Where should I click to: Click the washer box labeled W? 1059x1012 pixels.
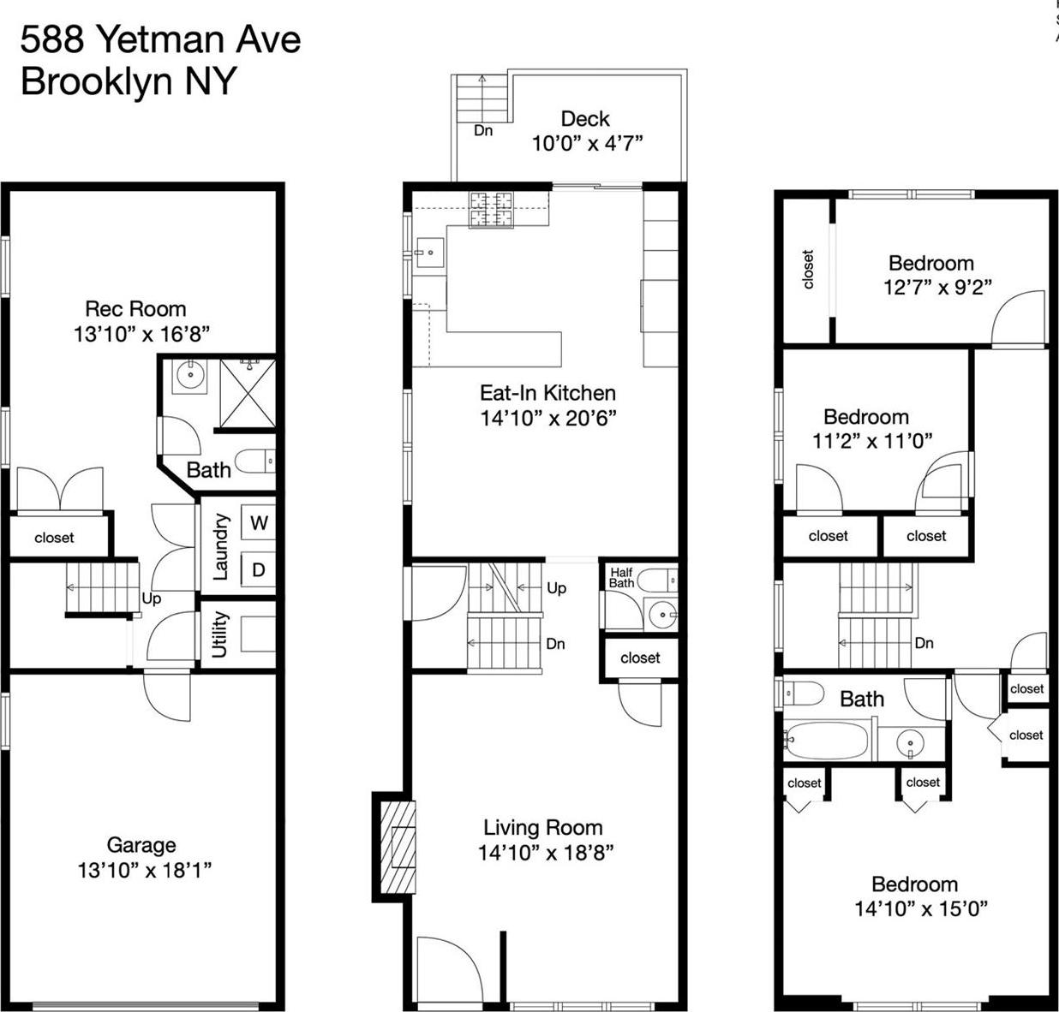coord(259,522)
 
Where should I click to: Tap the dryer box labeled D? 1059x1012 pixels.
coord(259,569)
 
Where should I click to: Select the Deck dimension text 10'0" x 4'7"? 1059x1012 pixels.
coord(587,143)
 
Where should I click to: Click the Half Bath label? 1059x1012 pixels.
coord(621,578)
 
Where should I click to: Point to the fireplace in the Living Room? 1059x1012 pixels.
coord(398,848)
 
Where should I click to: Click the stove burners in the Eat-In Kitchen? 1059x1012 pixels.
coord(491,210)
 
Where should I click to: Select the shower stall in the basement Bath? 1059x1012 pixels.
coord(248,393)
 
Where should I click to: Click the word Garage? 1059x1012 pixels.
coord(141,845)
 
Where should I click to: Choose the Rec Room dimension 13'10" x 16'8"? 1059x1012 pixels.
coord(141,334)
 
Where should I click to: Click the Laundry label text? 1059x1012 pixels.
coord(220,546)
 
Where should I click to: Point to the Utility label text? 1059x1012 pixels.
coord(219,634)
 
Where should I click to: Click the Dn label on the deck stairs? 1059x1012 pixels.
coord(483,131)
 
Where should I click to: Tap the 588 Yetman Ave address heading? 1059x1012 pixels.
coord(160,39)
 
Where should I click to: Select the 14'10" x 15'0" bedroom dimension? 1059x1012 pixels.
coord(921,908)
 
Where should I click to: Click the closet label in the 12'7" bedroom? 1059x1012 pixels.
coord(807,269)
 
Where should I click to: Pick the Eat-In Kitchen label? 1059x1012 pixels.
coord(547,393)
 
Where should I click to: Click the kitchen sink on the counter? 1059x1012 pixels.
coord(428,253)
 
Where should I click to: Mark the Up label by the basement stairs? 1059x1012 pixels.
coord(152,598)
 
